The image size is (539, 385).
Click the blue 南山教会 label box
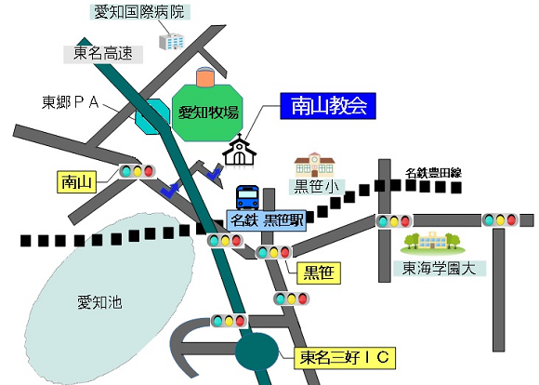click(x=328, y=106)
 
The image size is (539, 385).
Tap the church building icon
click(x=240, y=150)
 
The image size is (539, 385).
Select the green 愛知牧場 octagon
click(x=207, y=113)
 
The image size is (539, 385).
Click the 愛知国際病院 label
click(x=139, y=12)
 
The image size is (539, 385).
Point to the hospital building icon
click(x=172, y=42)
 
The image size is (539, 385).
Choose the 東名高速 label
click(x=103, y=54)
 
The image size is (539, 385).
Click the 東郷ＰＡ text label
click(x=71, y=102)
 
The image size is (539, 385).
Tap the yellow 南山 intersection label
click(x=76, y=182)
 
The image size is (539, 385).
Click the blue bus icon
click(x=247, y=197)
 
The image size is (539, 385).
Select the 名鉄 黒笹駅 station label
click(x=267, y=220)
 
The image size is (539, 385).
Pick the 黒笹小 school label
click(x=316, y=187)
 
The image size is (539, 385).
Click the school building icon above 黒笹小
click(x=314, y=165)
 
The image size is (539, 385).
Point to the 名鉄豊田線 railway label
click(x=433, y=173)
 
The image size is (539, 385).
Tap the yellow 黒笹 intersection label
click(x=319, y=273)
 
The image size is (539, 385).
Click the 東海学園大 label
click(x=440, y=269)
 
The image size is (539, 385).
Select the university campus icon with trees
click(x=433, y=243)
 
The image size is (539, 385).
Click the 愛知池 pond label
click(x=99, y=303)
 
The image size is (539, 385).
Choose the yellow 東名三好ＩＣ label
click(x=345, y=358)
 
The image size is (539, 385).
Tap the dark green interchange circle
click(x=256, y=352)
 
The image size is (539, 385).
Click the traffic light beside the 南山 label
click(x=138, y=171)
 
